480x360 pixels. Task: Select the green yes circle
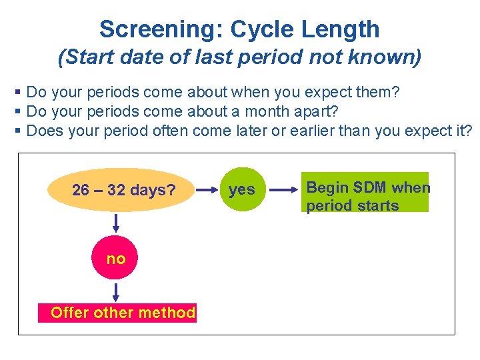[x=241, y=190]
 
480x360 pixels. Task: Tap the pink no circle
[x=116, y=259]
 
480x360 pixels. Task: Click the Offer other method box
[x=123, y=313]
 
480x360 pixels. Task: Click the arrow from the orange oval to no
[x=116, y=223]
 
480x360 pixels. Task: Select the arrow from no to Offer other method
[x=116, y=291]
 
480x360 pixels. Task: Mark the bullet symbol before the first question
[x=18, y=91]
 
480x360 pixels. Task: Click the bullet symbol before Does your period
[x=18, y=130]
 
